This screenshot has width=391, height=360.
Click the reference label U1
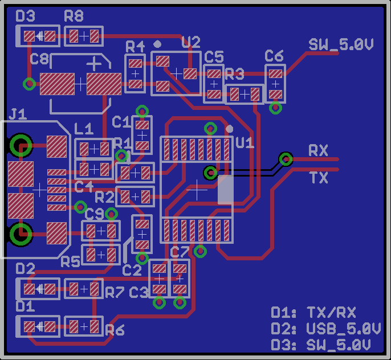click(x=245, y=142)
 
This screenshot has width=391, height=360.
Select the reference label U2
click(x=191, y=42)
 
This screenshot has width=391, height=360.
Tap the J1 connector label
click(x=18, y=114)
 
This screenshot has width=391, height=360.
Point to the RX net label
click(x=318, y=151)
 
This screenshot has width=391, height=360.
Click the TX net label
click(x=319, y=178)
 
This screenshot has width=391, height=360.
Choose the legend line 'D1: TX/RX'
click(x=313, y=313)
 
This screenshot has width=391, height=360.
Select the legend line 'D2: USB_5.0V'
click(x=325, y=329)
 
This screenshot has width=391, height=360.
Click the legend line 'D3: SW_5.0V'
click(x=321, y=345)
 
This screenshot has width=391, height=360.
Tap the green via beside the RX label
click(x=286, y=159)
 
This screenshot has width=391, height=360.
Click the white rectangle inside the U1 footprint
click(x=225, y=190)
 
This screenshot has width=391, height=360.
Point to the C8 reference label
click(x=39, y=59)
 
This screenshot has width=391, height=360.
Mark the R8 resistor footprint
click(x=84, y=36)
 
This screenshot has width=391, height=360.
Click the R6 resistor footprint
click(x=84, y=326)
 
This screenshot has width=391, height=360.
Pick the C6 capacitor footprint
click(x=275, y=83)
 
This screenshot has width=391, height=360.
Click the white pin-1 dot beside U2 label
click(x=158, y=43)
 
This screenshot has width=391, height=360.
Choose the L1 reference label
click(x=84, y=129)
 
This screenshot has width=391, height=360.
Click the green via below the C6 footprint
click(x=275, y=108)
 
